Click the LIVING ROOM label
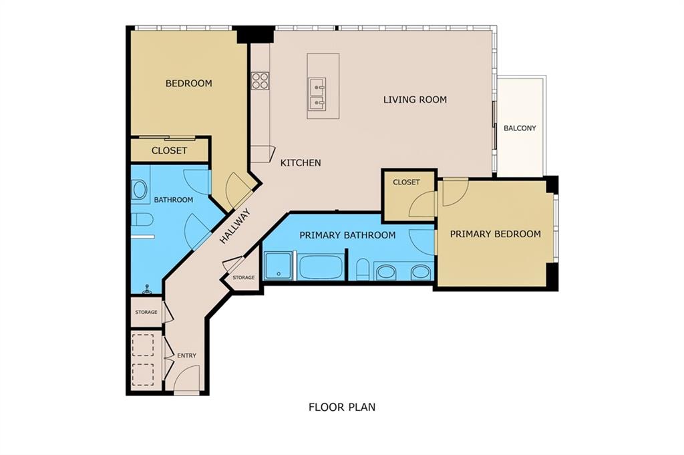[415, 100]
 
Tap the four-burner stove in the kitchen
[260, 81]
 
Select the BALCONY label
[520, 128]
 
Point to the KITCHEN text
[301, 163]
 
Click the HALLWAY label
[234, 226]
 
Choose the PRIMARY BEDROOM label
[496, 235]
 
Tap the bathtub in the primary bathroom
[321, 267]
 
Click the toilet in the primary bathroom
[363, 269]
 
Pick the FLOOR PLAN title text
[342, 407]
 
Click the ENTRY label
[187, 355]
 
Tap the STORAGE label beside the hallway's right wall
[243, 277]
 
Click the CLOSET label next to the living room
[406, 182]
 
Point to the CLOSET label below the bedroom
[169, 150]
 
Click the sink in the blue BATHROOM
[140, 190]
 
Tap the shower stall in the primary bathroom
[280, 267]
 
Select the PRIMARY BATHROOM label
[347, 235]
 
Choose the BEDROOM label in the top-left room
[189, 83]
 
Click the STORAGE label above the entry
[146, 312]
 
